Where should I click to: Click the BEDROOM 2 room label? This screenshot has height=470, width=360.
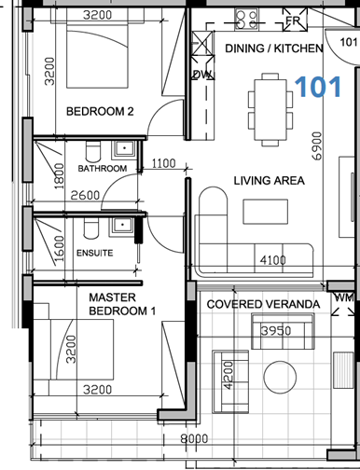(100, 112)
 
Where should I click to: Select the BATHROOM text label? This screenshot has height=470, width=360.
(102, 169)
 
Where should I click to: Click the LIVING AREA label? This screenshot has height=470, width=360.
(269, 181)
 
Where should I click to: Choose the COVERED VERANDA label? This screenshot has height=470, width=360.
(263, 305)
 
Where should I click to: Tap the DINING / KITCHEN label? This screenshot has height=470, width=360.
(274, 48)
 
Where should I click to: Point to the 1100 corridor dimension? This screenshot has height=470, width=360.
(163, 164)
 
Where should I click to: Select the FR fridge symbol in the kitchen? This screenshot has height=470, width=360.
(292, 21)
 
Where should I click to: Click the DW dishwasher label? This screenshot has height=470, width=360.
(200, 76)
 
